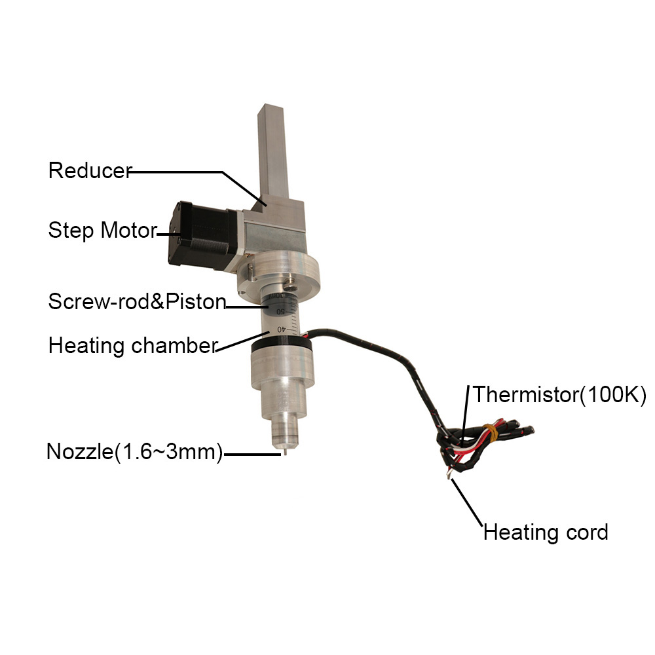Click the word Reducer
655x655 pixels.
[90, 171]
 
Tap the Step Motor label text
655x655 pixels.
[102, 231]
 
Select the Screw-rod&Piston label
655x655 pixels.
[137, 302]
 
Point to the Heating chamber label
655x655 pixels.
[132, 345]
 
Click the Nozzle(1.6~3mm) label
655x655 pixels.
[135, 452]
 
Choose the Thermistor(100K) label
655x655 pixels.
[559, 394]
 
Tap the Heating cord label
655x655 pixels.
[546, 532]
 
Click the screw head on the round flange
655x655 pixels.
[287, 284]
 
